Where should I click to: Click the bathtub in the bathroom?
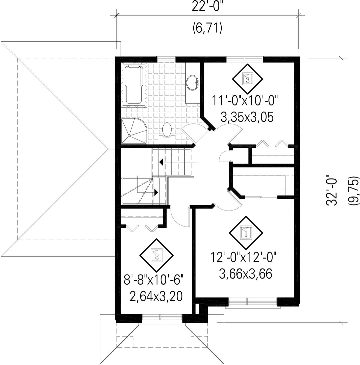tap(134, 85)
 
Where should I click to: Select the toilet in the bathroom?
tap(167, 133)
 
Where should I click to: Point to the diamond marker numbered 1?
tap(246, 233)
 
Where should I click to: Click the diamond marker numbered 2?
tap(156, 255)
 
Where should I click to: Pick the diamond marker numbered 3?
tap(247, 80)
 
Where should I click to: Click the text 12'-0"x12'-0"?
tap(243, 257)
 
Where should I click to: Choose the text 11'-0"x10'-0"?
tap(245, 101)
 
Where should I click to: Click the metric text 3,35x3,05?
tap(247, 117)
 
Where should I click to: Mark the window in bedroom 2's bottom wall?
tap(162, 317)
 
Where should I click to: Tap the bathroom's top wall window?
tap(166, 59)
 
